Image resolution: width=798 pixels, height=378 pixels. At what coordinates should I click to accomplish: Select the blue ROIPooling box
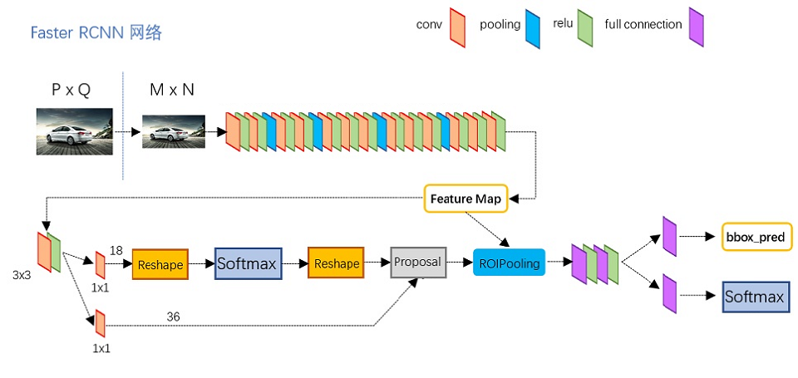point(509,263)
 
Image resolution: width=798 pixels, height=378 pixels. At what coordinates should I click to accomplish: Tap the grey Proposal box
point(418,263)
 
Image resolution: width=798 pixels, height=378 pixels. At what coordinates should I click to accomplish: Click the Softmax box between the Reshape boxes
point(249,263)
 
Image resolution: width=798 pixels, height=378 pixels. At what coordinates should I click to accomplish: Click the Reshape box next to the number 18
point(160,263)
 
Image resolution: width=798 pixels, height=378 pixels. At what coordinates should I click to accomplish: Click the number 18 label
point(116,249)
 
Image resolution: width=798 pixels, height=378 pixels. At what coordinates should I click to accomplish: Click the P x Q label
point(71,90)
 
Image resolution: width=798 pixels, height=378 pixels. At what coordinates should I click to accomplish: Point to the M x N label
point(172,90)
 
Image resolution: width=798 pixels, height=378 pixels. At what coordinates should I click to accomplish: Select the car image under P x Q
point(74,130)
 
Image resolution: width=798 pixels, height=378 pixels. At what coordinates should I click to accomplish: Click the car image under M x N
point(173,131)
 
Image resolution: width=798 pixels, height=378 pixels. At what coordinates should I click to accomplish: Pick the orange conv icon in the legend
point(457,26)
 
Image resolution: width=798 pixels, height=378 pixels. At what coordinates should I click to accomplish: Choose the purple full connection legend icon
point(696,27)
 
